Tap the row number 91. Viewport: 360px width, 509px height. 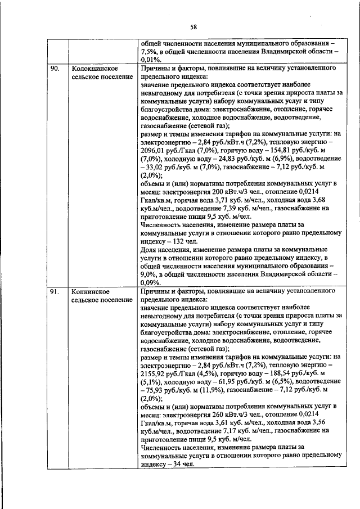pyautogui.click(x=55, y=292)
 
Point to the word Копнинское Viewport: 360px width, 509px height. pyautogui.click(x=89, y=292)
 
